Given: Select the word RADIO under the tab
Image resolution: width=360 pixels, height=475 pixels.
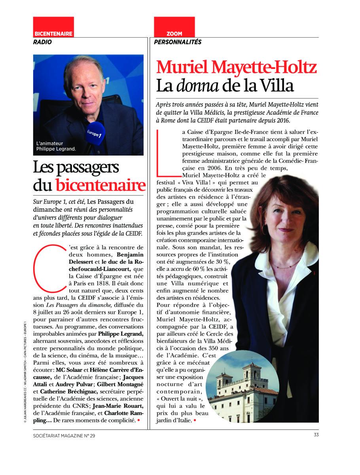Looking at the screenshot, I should point(42,42).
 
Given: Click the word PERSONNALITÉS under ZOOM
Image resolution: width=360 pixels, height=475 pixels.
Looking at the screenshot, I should point(178,42).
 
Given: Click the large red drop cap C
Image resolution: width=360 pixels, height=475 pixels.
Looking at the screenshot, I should point(47,267).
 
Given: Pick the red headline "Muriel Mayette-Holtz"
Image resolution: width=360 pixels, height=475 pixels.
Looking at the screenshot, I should point(237,67).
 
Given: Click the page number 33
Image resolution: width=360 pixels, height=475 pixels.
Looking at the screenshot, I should point(316,435).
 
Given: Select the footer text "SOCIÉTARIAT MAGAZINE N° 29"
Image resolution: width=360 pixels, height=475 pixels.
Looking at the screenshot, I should point(64,436).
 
